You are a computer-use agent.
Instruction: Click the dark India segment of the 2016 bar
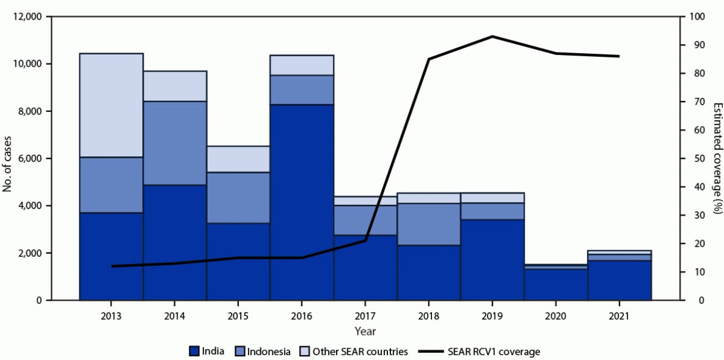pos(302,202)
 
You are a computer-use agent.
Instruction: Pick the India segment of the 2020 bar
pos(556,285)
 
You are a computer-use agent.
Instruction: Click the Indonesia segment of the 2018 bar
pos(429,224)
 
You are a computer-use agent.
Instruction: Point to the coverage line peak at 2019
pos(492,37)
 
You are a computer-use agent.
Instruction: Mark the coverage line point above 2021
pos(620,56)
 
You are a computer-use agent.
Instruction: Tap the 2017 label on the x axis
pos(365,317)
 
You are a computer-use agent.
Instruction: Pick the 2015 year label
pos(238,317)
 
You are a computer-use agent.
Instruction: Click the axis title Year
pos(365,331)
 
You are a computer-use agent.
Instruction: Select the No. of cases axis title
pos(8,158)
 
